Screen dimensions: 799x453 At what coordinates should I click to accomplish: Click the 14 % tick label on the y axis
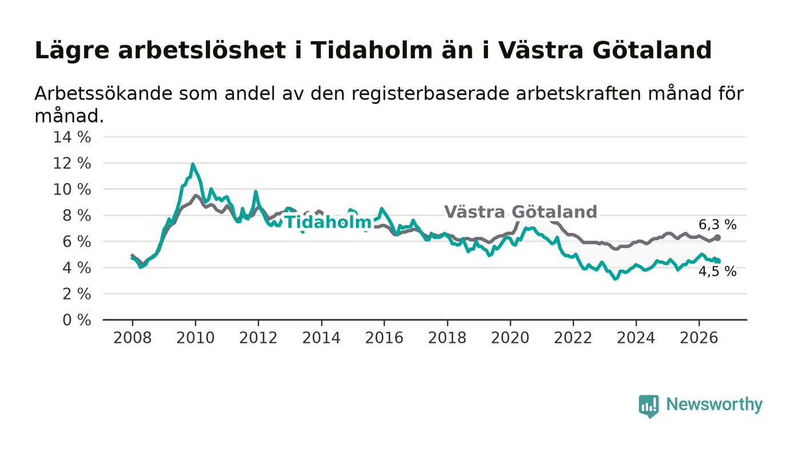(72, 137)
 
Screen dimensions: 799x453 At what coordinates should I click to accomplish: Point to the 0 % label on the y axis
(76, 320)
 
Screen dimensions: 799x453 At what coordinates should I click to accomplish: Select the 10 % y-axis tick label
(72, 189)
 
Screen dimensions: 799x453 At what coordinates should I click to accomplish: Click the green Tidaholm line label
(328, 222)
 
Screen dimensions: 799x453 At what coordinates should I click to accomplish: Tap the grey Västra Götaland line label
(520, 212)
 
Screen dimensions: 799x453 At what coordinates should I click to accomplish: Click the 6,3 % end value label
(717, 225)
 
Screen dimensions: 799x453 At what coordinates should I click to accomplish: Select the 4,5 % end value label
(717, 272)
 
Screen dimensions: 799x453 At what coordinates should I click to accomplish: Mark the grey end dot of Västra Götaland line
(717, 237)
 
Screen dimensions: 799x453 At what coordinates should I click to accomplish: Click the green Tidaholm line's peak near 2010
(193, 164)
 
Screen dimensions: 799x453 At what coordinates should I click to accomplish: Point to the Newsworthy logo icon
(648, 406)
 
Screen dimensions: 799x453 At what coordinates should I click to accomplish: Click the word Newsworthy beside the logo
(714, 405)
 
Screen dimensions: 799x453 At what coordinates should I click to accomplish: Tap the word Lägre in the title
(72, 51)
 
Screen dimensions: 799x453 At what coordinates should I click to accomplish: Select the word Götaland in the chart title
(652, 50)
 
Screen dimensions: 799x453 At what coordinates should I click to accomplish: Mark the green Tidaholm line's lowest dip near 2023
(615, 278)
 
